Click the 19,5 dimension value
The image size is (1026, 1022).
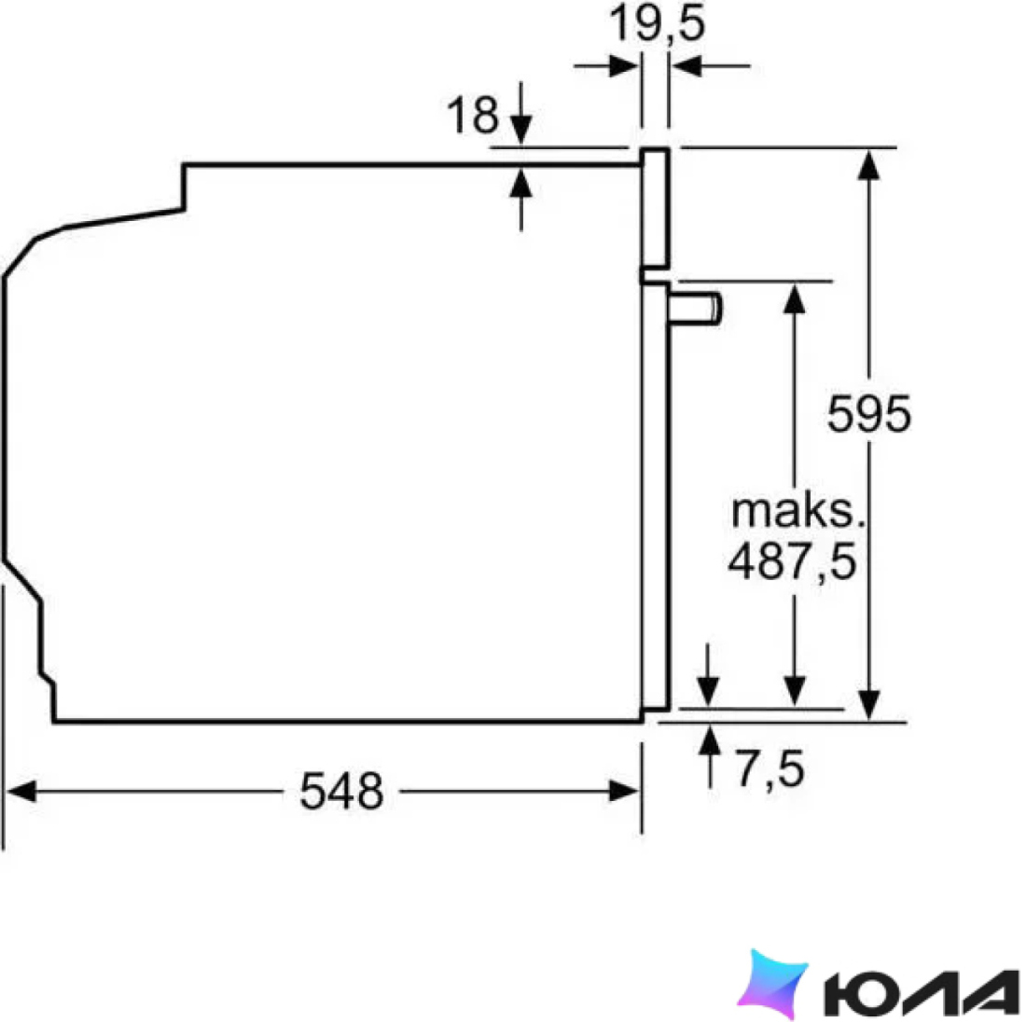pos(657,24)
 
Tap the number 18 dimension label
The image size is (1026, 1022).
pos(473,115)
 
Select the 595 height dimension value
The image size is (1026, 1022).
pos(869,413)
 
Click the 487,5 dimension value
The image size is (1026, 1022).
pos(793,561)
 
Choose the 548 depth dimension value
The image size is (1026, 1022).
pos(341,791)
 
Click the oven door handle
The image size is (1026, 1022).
pos(695,308)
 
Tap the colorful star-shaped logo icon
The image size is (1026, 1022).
pos(773,983)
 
